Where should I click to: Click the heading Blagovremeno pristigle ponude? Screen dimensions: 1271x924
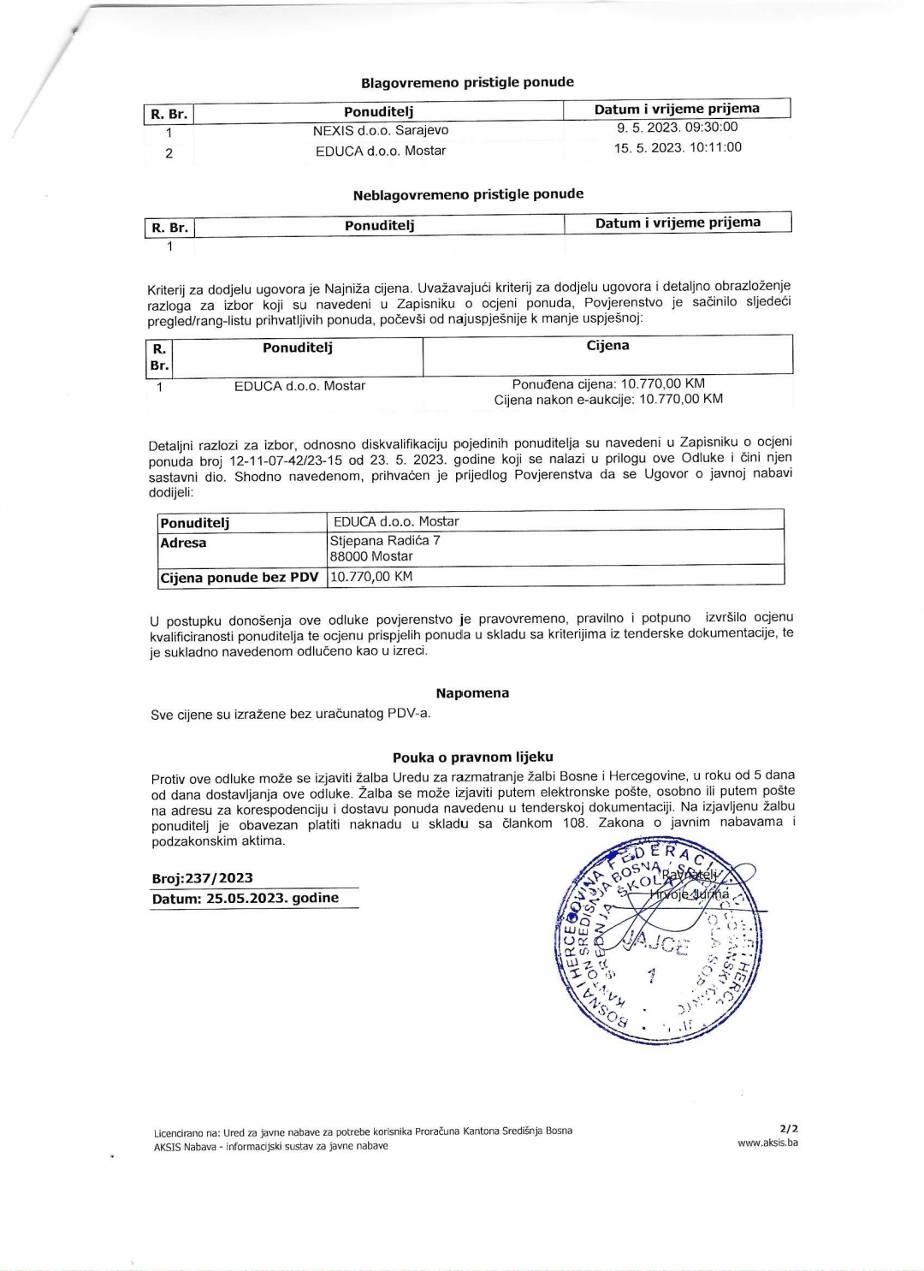click(x=467, y=82)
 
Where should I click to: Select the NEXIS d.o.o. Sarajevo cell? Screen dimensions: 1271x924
click(x=380, y=131)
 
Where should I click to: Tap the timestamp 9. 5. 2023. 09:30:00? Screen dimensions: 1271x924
click(x=677, y=128)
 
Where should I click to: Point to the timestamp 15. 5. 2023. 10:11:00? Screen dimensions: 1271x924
click(x=677, y=148)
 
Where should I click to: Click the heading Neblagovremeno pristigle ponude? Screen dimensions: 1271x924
click(x=468, y=194)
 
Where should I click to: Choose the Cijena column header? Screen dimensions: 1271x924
click(x=607, y=346)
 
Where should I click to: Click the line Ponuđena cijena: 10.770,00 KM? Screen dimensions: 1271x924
click(x=608, y=383)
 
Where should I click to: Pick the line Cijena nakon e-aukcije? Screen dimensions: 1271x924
click(x=608, y=400)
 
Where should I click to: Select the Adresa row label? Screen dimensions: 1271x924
click(x=183, y=543)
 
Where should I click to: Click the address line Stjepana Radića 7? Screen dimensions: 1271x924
click(x=385, y=541)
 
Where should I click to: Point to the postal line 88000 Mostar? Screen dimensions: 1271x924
click(x=371, y=556)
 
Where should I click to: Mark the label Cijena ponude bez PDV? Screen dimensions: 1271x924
click(x=240, y=578)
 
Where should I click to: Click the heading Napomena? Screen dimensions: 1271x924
click(x=472, y=693)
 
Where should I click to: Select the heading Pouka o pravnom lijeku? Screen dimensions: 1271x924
click(x=472, y=757)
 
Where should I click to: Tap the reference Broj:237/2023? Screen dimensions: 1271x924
click(x=202, y=878)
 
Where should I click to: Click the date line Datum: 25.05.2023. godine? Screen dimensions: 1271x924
click(x=245, y=899)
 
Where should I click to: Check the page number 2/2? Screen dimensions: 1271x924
click(x=788, y=1129)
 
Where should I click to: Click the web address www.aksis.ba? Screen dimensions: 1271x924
click(x=767, y=1143)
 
